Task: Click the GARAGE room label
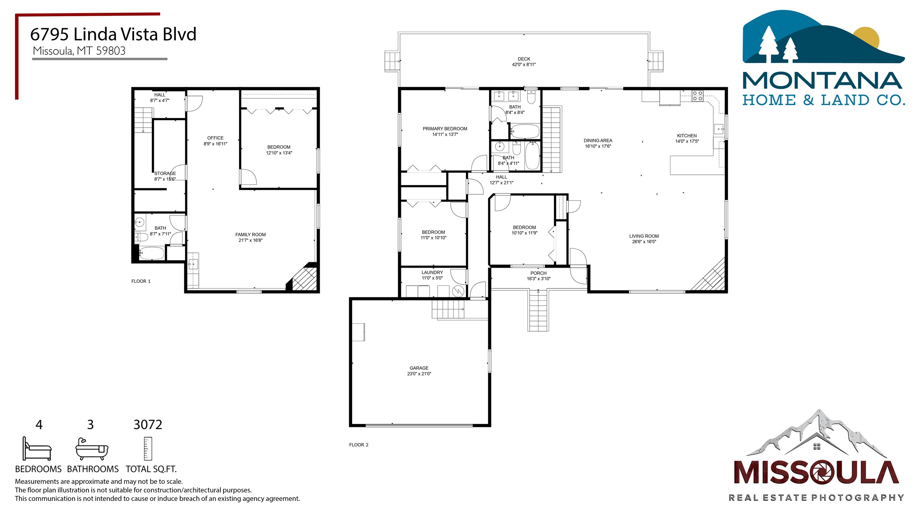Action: coord(419,368)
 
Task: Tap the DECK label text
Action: coord(524,59)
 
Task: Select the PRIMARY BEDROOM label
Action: coord(445,129)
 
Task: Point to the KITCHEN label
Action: coord(687,136)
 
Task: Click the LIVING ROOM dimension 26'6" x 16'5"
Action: coord(644,242)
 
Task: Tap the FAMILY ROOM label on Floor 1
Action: coord(251,235)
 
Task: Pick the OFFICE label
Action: coord(215,138)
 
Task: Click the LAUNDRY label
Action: coord(432,273)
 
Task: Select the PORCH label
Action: coord(539,273)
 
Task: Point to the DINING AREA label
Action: coord(598,141)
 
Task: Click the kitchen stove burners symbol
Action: coord(697,96)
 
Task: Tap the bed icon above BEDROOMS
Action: coord(37,449)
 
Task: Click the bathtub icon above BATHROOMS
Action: coord(92,449)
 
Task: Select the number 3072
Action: coord(148,425)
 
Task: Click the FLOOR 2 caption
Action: coord(359,445)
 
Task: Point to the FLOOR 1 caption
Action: coord(141,281)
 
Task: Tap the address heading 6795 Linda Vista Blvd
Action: coord(113,34)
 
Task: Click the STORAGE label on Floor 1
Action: coord(165,174)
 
